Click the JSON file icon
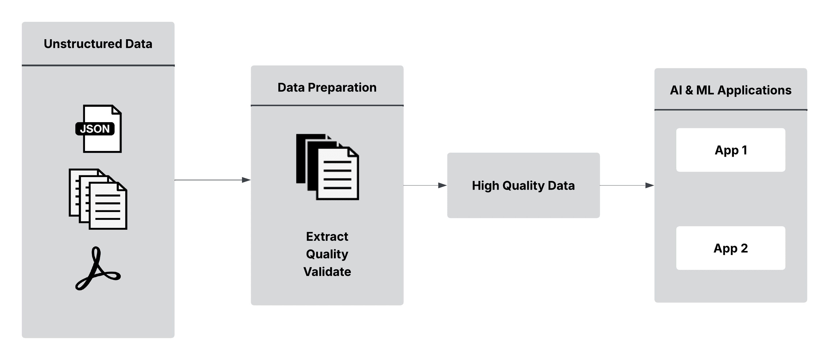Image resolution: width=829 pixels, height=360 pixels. [x=99, y=129]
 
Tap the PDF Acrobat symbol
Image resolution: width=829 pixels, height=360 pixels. [x=97, y=269]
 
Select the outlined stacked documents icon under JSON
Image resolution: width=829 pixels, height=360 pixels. [x=98, y=199]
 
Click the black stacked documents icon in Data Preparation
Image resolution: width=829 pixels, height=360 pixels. [x=327, y=167]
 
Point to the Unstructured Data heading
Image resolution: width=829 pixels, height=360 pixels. [x=98, y=44]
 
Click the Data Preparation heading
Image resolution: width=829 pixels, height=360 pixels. [x=327, y=88]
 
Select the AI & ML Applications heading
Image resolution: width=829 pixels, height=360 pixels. [x=730, y=90]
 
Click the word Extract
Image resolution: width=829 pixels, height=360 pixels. [x=327, y=236]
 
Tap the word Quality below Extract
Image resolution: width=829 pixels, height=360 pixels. [x=327, y=254]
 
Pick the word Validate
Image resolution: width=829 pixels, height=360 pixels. [x=327, y=272]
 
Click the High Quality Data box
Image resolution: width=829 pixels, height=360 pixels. [x=523, y=186]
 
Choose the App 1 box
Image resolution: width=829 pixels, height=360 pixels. [x=730, y=150]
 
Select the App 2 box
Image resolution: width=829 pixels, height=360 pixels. [x=730, y=248]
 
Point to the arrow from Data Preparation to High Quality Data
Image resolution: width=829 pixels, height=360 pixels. [x=425, y=185]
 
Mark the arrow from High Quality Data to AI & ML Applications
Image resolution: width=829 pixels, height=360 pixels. [x=627, y=185]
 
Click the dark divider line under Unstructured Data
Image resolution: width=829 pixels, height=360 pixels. [x=98, y=66]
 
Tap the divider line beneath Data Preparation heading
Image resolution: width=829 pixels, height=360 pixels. [x=327, y=105]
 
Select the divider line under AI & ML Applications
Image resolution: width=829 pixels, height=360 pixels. [x=730, y=110]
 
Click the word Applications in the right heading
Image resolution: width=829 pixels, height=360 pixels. [x=754, y=90]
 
